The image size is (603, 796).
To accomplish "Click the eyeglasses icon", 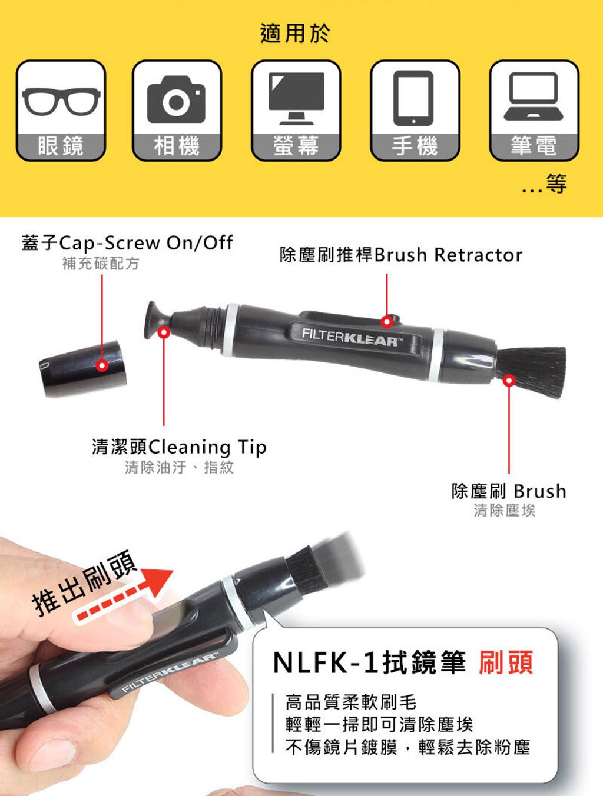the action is [61, 101].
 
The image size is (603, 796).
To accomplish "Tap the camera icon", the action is [176, 99].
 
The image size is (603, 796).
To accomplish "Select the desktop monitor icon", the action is [296, 98].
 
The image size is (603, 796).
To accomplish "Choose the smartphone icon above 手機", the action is [413, 98].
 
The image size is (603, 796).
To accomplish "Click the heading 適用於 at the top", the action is [294, 34].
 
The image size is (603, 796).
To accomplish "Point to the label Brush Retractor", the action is [448, 255].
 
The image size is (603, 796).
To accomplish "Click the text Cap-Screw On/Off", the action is [145, 242].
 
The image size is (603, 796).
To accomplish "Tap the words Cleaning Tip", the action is [207, 447].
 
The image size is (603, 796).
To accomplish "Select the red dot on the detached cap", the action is [102, 365].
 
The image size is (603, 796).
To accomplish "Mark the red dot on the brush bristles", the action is [509, 380].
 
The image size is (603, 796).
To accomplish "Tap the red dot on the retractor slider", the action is [387, 321].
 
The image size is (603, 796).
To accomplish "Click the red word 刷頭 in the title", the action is [506, 662].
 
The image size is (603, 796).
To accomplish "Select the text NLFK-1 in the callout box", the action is [324, 663].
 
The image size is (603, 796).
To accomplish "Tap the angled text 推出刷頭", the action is [84, 584].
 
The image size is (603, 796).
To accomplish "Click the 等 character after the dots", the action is [556, 184].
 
